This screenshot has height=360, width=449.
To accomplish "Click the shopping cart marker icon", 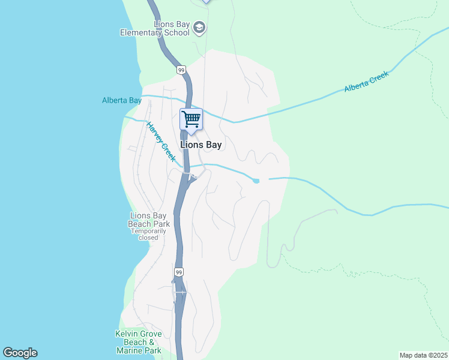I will pos(191,119).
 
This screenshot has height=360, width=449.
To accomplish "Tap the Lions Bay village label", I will pos(201,145).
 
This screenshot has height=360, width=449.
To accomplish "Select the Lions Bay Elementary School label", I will pos(155,29).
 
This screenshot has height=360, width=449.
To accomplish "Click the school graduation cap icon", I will pos(200,28).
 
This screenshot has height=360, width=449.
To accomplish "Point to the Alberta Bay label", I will pos(122,101).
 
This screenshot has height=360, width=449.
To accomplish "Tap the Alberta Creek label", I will pos(367,82).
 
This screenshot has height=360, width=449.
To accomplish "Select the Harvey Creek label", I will pos(161,142).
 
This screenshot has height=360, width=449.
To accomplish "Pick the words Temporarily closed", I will pos(148,234).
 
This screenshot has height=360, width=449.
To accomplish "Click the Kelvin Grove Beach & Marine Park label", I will pos(138,342).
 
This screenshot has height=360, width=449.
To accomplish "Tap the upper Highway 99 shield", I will pos(181,70).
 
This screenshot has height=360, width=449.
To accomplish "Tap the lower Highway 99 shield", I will pos(178,272).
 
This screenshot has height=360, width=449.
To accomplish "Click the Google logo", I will pos(20,353).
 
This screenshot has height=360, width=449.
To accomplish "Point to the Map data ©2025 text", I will pos(424,355).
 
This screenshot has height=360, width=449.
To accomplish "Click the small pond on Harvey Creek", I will pos(256,181).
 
